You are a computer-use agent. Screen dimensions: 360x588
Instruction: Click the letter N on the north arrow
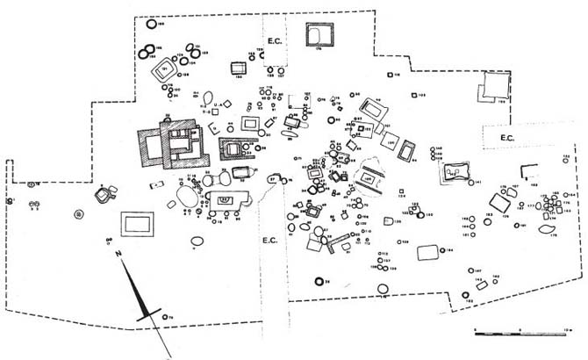point(118,254)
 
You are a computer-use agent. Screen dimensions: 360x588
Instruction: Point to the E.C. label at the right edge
point(506,138)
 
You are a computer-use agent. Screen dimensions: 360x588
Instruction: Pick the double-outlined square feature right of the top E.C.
point(318,36)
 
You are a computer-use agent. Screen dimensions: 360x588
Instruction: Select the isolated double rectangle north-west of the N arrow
point(135,223)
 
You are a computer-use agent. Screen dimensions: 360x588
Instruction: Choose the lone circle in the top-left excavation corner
point(153,26)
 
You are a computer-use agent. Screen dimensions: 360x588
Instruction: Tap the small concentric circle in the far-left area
point(79,213)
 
